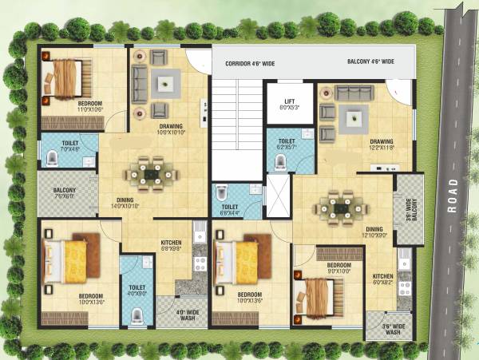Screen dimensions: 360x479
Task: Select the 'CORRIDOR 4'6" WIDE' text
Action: tap(250, 61)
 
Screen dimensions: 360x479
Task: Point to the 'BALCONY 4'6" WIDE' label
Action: tap(370, 61)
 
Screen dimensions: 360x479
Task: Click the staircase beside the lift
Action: tap(236, 128)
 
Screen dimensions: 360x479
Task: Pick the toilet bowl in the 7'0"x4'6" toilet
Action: tap(52, 159)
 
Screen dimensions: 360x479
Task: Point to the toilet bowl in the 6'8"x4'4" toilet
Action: tap(223, 194)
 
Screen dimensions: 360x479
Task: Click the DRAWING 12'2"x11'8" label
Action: tap(379, 144)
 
